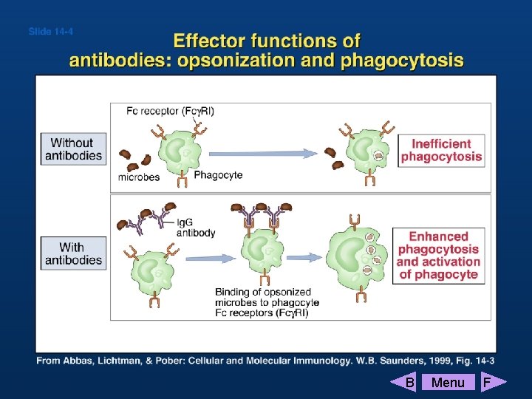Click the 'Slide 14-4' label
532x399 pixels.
(50, 31)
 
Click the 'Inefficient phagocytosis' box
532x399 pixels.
(442, 150)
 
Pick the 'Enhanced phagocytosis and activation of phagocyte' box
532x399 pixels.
(439, 256)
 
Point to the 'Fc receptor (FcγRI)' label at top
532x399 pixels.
(170, 112)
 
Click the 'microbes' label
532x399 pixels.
(140, 177)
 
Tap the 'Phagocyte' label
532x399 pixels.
(218, 175)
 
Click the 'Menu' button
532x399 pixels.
(448, 382)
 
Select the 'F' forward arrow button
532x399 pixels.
(491, 382)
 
